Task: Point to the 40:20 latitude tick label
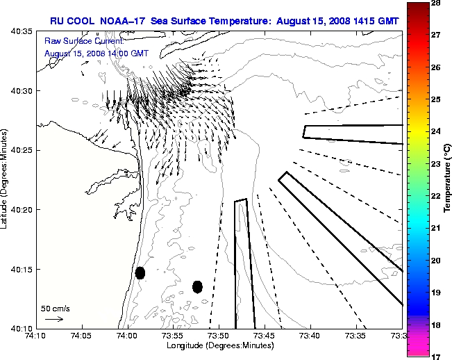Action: point(22,210)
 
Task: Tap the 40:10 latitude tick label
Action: point(22,328)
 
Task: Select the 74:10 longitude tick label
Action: point(36,336)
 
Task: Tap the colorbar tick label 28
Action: point(437,4)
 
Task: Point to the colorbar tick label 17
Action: point(437,355)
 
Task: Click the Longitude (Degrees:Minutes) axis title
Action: point(219,345)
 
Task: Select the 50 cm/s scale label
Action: point(56,308)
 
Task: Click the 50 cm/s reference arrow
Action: point(54,319)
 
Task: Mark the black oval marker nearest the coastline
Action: point(140,272)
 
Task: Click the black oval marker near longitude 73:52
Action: point(198,286)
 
